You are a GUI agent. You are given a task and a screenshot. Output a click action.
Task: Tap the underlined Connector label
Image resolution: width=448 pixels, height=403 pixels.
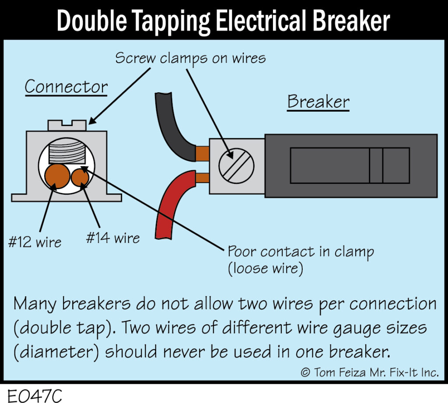(66, 87)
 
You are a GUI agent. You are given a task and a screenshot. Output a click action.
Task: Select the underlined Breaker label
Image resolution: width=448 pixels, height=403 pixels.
(318, 102)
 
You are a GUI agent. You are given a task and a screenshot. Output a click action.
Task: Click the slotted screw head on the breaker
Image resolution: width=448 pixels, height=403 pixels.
(236, 166)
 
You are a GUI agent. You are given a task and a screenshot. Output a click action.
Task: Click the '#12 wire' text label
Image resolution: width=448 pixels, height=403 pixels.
(35, 242)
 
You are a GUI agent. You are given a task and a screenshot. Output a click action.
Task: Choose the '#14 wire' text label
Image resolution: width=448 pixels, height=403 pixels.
(113, 238)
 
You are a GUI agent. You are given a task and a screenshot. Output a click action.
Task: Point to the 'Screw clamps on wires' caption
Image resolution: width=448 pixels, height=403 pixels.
(190, 58)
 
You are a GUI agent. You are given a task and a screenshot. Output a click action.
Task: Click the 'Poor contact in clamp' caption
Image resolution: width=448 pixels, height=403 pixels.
(301, 252)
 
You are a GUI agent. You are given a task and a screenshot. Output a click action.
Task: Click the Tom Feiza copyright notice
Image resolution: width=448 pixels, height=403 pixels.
(369, 372)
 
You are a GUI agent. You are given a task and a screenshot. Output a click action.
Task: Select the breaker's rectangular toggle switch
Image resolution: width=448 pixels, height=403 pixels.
(350, 165)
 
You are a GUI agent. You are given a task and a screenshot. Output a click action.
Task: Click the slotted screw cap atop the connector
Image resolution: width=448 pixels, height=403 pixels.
(66, 125)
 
